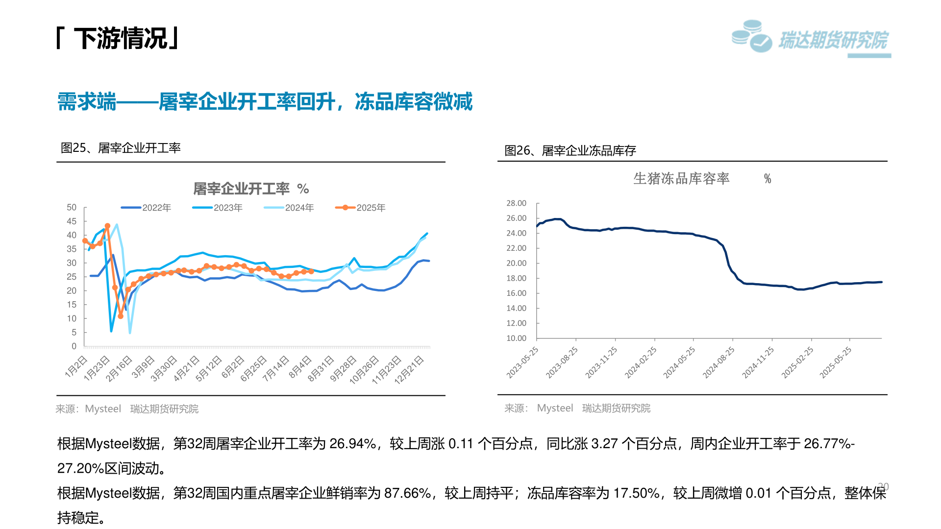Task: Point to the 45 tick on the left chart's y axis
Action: coord(72,221)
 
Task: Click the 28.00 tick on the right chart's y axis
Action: coord(516,203)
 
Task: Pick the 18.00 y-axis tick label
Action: coord(516,278)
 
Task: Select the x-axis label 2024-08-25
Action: coord(718,363)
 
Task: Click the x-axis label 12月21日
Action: coord(409,370)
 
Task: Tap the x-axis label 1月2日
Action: coord(76,367)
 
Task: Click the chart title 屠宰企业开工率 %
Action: coord(250,189)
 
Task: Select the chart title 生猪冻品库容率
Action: coord(681,178)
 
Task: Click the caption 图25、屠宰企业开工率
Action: coord(121,148)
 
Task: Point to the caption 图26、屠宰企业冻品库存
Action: coord(570,151)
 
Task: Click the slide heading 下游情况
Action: coord(121,38)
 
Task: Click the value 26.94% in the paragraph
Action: coord(352,444)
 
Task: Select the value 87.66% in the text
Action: coord(407,493)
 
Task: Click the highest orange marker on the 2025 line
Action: coord(108,226)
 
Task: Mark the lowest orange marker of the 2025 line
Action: coord(121,316)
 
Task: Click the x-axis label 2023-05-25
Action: coord(522,363)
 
